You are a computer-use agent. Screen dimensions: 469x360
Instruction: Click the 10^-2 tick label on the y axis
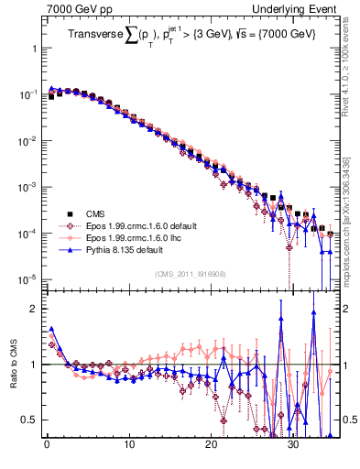click(x=24, y=140)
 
